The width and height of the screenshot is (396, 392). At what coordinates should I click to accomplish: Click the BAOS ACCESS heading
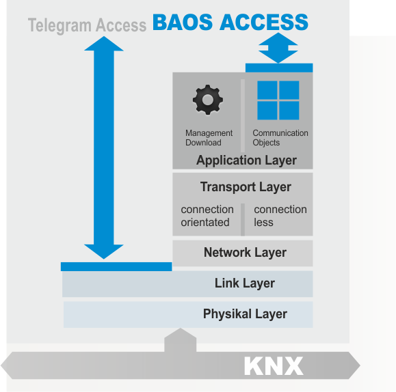pos(230,23)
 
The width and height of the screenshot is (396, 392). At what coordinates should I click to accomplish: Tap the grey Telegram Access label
pos(87,25)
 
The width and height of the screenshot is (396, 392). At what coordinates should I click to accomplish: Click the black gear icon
pos(208,100)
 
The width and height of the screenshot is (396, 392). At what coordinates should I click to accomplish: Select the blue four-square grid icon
pos(278,100)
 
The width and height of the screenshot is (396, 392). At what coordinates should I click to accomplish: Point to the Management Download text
pos(209,138)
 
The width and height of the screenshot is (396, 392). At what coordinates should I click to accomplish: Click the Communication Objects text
pos(280,138)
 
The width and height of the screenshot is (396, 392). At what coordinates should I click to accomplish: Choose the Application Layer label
pos(246,160)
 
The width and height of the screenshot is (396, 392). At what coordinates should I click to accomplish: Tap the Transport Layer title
pos(246,187)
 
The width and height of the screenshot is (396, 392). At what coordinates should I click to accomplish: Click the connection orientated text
pos(207,216)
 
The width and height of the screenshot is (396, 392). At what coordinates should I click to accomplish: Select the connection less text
pos(280,216)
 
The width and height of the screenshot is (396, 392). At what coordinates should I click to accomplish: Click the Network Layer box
pos(243,253)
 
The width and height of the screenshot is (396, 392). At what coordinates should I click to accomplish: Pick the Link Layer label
pos(245,283)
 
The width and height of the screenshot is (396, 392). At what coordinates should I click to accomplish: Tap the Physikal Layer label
pos(245,314)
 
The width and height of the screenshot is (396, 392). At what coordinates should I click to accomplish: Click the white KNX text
pos(274,366)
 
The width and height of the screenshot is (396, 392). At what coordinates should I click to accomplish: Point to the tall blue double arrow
pos(104,148)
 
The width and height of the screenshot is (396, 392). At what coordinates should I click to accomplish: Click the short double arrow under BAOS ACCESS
pos(278,48)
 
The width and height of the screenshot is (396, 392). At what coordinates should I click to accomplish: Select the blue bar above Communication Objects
pos(279,68)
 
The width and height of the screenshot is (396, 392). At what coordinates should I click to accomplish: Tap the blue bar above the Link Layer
pos(116,266)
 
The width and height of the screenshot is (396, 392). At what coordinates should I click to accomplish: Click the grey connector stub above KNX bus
pos(181,340)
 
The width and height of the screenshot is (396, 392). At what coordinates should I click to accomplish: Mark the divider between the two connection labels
pos(243,219)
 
